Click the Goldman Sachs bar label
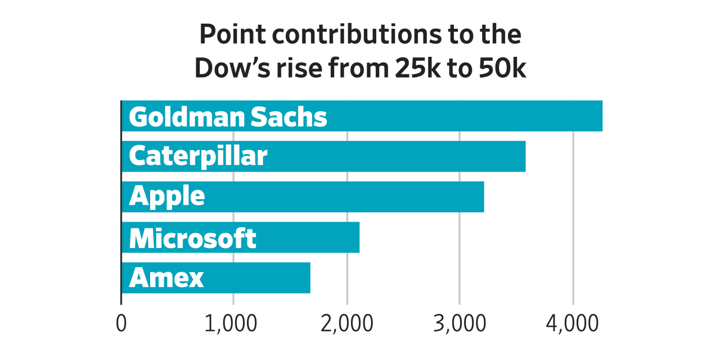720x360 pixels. (x=228, y=116)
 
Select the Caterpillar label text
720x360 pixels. (x=198, y=156)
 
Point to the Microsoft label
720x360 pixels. (x=192, y=238)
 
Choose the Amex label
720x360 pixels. (x=166, y=278)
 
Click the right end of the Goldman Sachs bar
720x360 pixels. (x=601, y=116)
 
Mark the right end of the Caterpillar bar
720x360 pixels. (x=524, y=156)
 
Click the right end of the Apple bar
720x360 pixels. (x=483, y=197)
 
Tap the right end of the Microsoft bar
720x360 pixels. (x=358, y=237)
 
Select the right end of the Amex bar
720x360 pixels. (x=309, y=278)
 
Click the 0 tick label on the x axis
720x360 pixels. (x=121, y=325)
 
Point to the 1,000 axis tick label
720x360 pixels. (x=231, y=325)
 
